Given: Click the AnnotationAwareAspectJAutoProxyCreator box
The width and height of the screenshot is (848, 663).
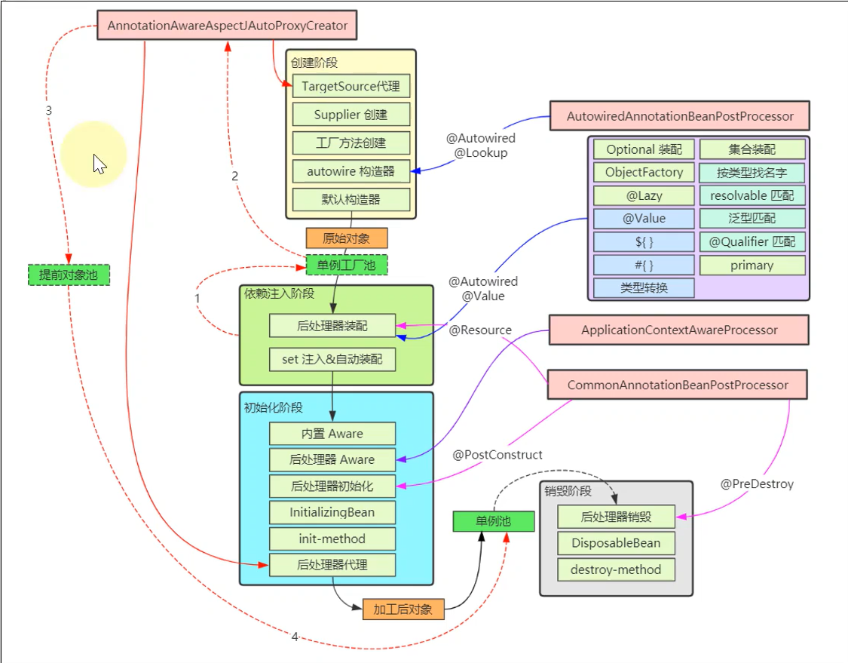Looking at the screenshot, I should tap(227, 26).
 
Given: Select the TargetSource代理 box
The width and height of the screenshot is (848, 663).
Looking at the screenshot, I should tap(351, 86).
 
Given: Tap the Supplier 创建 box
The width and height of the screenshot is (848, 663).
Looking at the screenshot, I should tap(351, 115).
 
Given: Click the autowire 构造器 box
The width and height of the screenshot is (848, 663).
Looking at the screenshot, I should tap(351, 171).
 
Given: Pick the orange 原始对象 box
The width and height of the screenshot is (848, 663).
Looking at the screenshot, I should tap(347, 238).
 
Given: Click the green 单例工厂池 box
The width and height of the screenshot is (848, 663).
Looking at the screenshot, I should tap(347, 265).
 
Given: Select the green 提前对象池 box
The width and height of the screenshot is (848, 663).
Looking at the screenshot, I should tap(69, 275).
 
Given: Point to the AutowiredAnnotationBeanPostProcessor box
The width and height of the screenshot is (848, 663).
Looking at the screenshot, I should tap(679, 116).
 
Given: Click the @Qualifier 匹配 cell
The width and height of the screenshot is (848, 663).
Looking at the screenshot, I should tap(752, 242).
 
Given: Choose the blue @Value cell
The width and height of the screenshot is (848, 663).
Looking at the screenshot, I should tap(644, 219).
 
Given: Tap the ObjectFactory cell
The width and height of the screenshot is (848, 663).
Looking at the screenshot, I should tap(644, 172).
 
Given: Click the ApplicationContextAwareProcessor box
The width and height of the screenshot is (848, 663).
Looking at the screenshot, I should tap(679, 330).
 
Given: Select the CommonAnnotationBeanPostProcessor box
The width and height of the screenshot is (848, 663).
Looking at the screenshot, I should tap(678, 385).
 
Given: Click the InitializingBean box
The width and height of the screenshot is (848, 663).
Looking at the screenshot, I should tap(332, 513).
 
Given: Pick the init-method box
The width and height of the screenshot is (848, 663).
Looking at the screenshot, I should tap(332, 539).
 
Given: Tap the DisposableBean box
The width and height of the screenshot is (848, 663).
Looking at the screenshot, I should tap(616, 543).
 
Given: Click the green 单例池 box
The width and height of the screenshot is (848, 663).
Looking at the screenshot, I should tap(493, 521).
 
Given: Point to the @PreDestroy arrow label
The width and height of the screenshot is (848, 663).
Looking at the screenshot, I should tap(757, 484).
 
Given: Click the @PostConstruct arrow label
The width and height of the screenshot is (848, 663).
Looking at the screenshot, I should tap(497, 455).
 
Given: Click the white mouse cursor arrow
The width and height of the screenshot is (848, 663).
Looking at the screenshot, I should tap(99, 163).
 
